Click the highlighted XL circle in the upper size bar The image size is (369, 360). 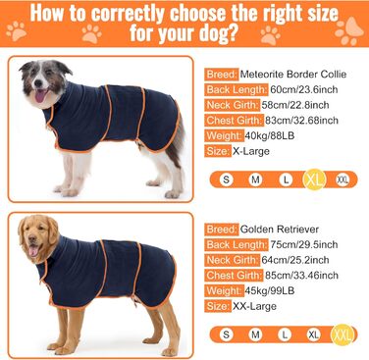[314, 180]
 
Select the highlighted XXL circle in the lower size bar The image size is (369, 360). [343, 334]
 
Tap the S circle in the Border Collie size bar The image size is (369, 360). [226, 180]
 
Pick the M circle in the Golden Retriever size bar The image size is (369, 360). [255, 334]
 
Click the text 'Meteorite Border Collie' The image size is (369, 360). [293, 74]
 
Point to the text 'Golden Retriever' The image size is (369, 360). [280, 229]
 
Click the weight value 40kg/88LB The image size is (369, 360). [270, 135]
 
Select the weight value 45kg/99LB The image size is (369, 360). [270, 290]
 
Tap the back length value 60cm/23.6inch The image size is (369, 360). [304, 89]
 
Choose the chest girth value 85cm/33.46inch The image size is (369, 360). [301, 275]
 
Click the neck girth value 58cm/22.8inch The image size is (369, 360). [295, 105]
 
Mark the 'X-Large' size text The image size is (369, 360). [251, 151]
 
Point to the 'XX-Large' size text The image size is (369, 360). [254, 306]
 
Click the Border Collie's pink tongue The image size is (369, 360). [40, 96]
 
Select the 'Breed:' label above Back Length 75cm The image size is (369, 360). [222, 230]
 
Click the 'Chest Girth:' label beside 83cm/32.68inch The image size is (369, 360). [235, 121]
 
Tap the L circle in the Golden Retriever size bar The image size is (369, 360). [285, 334]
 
